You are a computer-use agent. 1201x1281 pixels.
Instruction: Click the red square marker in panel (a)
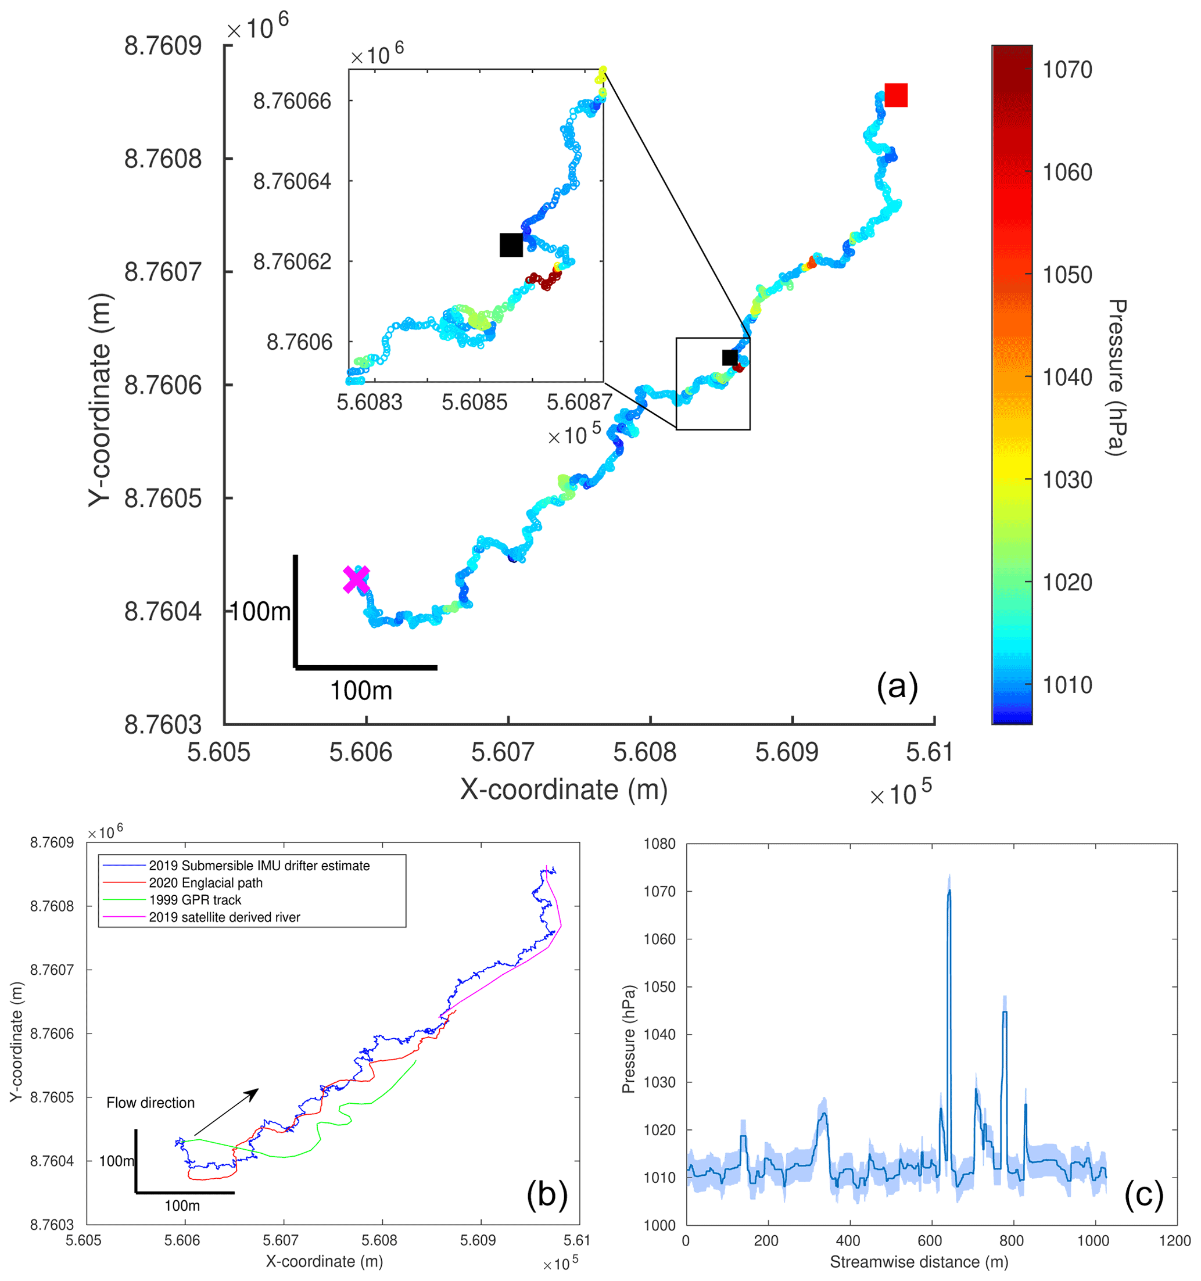(895, 95)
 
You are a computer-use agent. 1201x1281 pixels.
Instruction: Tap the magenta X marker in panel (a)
(356, 579)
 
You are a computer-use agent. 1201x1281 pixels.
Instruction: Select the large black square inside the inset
(511, 245)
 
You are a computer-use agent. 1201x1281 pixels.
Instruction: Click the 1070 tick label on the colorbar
(1067, 70)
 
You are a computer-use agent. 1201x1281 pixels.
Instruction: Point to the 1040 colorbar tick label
(1067, 378)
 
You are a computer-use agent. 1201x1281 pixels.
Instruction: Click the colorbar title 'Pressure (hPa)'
(1116, 378)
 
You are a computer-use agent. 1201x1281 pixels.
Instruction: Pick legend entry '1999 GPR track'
(195, 900)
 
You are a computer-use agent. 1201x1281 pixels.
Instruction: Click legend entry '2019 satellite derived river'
(224, 917)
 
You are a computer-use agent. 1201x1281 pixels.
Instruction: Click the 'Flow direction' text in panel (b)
(150, 1103)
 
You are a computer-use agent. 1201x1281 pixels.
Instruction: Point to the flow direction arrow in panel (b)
(226, 1112)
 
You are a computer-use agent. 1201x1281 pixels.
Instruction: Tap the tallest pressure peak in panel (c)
(948, 892)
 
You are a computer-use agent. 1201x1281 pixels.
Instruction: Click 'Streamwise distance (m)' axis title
(919, 1262)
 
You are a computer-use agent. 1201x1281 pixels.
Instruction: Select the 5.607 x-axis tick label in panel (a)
(503, 752)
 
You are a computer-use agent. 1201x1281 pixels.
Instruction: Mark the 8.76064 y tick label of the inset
(292, 182)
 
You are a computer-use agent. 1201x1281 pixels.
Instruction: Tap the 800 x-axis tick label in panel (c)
(1012, 1240)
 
